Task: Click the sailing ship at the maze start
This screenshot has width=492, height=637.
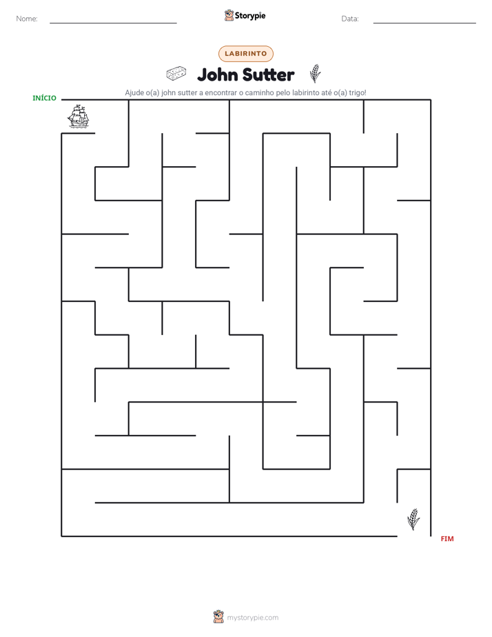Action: point(78,117)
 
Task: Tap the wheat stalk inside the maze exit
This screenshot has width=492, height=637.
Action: point(413,519)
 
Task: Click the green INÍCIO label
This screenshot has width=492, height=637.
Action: point(44,98)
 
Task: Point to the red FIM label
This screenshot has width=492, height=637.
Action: point(447,538)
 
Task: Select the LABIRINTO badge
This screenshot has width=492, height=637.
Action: point(245,54)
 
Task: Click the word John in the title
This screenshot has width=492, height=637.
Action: point(217,74)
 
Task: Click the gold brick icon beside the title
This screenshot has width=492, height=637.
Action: point(176,74)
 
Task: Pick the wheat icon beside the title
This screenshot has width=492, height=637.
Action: point(315,73)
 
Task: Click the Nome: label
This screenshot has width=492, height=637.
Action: point(27,19)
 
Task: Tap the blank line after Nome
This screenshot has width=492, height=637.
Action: point(113,23)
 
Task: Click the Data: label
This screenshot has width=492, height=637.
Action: point(350,19)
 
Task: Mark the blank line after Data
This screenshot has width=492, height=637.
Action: point(424,23)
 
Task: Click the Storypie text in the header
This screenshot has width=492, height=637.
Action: point(250,15)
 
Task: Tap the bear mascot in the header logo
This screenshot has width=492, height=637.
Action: point(229,15)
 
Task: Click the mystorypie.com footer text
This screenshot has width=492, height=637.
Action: point(252,618)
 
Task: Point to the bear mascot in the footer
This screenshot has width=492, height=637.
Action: point(218,617)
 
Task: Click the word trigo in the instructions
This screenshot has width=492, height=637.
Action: point(357,92)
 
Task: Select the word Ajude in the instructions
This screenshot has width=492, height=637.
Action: point(134,92)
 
